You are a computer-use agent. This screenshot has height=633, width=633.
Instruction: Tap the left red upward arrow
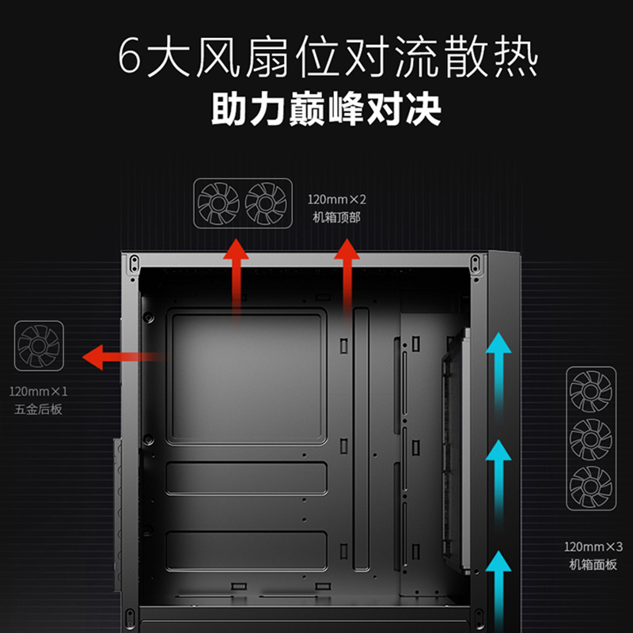[x=234, y=277]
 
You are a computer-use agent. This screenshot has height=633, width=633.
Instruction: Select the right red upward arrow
[x=346, y=277]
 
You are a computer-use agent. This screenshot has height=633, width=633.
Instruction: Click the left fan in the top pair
[x=218, y=203]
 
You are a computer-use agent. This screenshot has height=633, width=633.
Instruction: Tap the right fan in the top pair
[x=266, y=203]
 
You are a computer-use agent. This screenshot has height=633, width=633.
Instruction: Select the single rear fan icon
[x=39, y=346]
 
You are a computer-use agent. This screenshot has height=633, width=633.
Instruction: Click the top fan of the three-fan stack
[x=590, y=391]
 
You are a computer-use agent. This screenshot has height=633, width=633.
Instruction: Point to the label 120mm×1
[x=39, y=392]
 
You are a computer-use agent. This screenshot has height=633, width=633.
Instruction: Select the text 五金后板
[x=39, y=410]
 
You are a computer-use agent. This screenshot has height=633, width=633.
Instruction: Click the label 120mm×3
[x=593, y=547]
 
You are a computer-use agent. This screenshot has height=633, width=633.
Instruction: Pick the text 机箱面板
[x=593, y=564]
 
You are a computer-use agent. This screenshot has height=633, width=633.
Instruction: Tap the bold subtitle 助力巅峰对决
[x=325, y=110]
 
